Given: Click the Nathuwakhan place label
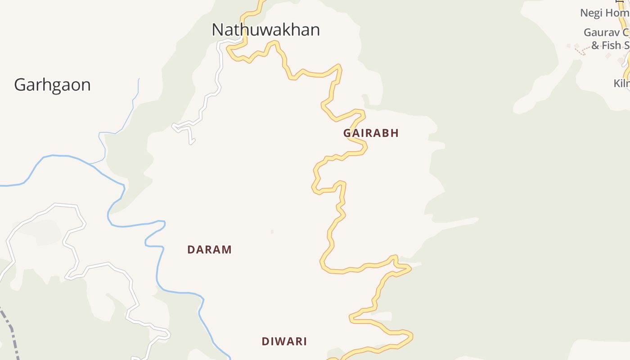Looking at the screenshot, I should [x=265, y=30].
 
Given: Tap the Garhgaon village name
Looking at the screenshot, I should [x=52, y=85].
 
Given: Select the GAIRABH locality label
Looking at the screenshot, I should [x=371, y=133].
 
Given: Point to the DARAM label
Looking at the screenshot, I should [x=209, y=250].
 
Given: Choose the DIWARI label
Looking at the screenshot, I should [x=284, y=342].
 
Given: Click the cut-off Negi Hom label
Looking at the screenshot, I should [x=604, y=13].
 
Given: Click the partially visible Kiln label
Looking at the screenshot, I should [x=621, y=83].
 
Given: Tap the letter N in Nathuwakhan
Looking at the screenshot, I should [x=218, y=30].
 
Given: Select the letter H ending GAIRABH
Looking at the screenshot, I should [x=395, y=133].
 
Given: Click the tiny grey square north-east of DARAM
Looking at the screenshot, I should [x=272, y=232].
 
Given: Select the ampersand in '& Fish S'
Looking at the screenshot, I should [x=595, y=45].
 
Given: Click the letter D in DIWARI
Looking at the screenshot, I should [x=265, y=342].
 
